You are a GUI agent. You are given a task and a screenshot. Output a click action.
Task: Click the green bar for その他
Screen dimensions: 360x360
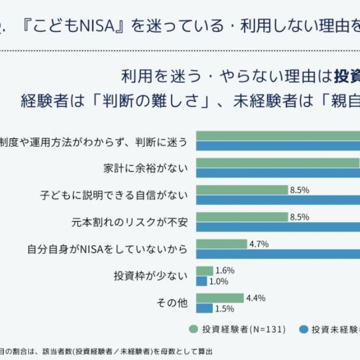[219, 298]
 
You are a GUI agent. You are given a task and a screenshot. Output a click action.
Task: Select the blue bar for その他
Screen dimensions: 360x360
[204, 308]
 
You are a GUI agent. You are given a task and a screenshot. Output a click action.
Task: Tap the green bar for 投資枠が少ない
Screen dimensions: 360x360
[204, 271]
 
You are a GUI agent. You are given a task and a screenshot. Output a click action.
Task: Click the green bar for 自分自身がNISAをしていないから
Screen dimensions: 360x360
[222, 244]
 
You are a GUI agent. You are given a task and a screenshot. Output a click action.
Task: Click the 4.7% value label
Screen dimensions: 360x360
[259, 244]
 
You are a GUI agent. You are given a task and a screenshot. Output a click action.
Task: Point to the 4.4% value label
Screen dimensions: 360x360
[255, 298]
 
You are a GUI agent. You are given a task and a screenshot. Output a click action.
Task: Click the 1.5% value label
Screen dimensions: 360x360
[224, 308]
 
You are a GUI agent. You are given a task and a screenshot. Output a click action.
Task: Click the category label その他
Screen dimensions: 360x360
[172, 303]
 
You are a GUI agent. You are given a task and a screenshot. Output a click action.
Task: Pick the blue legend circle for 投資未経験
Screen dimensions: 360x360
[304, 329]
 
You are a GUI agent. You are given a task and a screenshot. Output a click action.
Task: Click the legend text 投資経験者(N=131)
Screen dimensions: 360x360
[237, 329]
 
